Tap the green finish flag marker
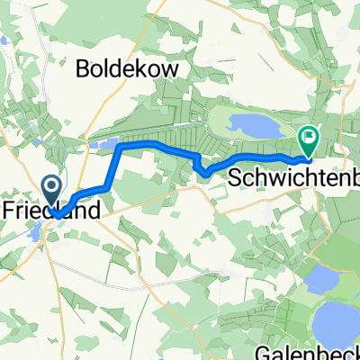308,139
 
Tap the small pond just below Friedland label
44,235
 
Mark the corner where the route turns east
120,146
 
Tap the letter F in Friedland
8,207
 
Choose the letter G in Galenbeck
273,351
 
